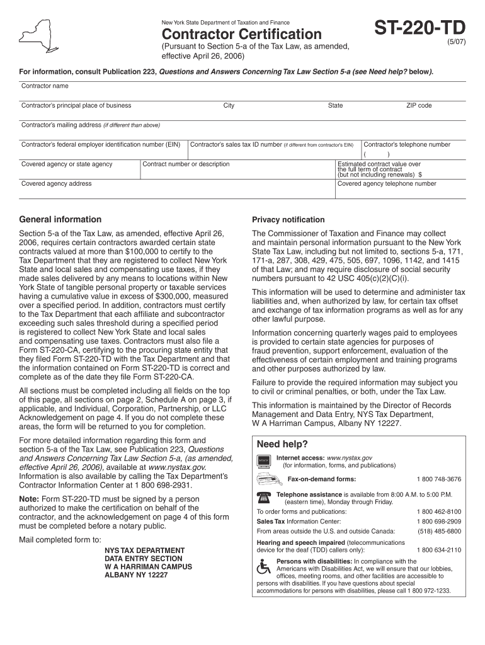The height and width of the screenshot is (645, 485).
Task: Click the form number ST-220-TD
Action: [420, 28]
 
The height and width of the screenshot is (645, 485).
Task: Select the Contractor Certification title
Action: [242, 34]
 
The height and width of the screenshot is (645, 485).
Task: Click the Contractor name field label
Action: [45, 86]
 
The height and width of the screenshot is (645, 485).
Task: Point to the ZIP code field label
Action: [419, 106]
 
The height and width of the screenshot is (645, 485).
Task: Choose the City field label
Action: [229, 106]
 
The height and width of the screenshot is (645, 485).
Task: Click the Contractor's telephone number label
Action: [407, 144]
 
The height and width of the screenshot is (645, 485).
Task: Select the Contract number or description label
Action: [186, 164]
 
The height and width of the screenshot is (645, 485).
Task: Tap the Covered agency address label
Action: [57, 184]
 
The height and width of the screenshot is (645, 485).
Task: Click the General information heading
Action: [60, 220]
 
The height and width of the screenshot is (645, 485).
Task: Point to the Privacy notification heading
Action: [288, 220]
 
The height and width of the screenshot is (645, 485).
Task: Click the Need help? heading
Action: [282, 444]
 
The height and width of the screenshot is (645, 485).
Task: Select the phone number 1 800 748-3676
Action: [438, 479]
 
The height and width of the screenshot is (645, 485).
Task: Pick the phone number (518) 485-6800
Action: [438, 531]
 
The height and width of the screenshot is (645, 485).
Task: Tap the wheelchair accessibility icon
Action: [264, 566]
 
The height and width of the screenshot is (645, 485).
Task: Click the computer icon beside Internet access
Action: [264, 460]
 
